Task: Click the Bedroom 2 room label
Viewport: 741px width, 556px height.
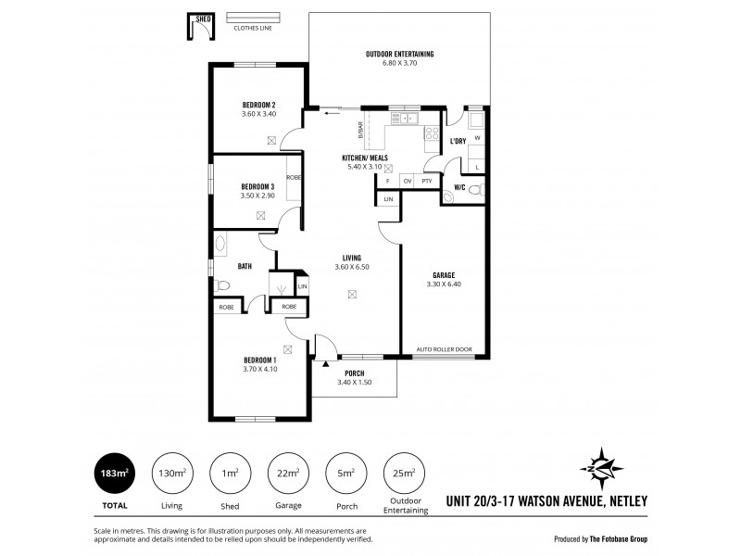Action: point(259,105)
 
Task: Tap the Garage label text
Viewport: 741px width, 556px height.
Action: point(442,275)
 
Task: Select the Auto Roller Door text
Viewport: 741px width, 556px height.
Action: point(444,349)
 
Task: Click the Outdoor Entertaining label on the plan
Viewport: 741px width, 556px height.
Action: point(399,55)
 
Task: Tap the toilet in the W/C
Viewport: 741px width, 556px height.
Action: point(474,189)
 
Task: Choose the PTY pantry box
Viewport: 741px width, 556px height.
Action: point(426,181)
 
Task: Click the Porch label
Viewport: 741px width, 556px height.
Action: point(354,374)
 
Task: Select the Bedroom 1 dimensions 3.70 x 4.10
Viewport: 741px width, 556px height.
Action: point(259,369)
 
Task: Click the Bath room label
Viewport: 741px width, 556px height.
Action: point(245,266)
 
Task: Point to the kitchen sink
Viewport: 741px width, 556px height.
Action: point(404,119)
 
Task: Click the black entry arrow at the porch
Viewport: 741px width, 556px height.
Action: point(326,364)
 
